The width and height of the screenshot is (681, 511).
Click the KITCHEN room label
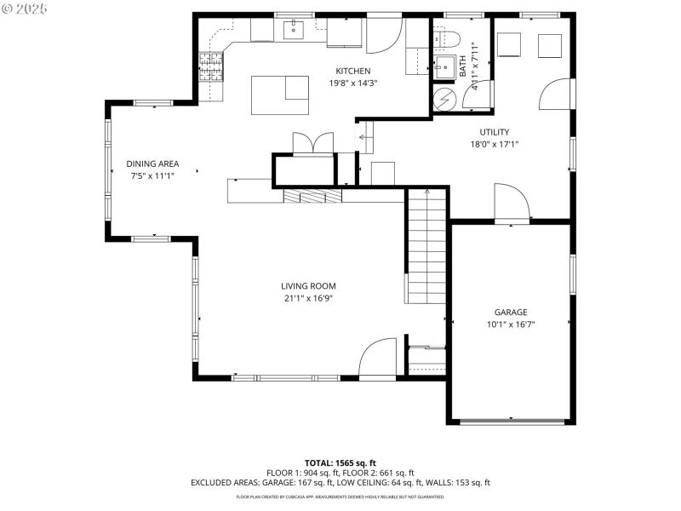coord(352,71)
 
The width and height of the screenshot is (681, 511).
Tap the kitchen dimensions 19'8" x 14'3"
coord(352,83)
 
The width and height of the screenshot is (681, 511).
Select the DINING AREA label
coord(152,164)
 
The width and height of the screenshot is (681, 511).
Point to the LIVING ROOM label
coord(309,286)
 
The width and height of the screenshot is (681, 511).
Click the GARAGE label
coord(511,312)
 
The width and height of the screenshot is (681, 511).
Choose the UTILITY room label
coord(494,132)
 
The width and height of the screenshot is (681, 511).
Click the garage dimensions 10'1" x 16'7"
coord(511,324)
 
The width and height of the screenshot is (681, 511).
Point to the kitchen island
coord(280,94)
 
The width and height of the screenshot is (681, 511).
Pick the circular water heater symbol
coord(444,100)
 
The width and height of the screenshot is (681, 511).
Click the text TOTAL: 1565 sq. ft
coord(340,462)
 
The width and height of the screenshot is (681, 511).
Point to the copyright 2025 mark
coord(25,8)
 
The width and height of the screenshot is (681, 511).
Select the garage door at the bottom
coord(511,421)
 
